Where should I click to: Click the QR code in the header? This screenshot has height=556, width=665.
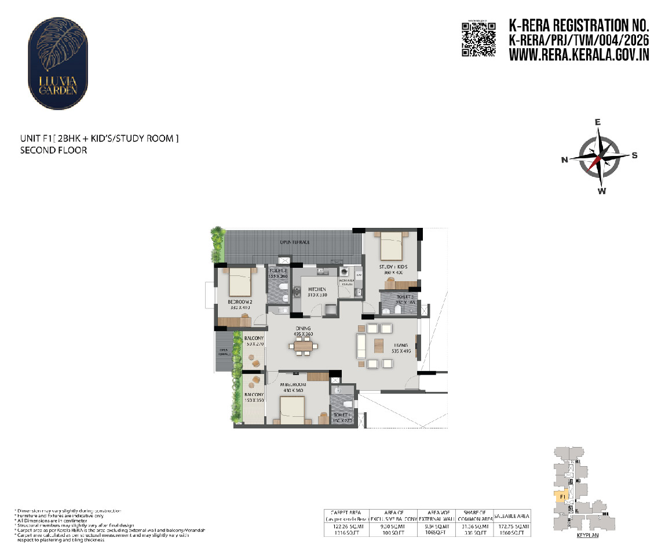[478, 39]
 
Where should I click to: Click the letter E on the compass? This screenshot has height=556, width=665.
[598, 122]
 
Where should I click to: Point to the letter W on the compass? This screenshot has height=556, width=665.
[602, 191]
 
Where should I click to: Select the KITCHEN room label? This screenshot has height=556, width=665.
[317, 289]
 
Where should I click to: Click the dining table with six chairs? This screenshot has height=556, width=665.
[303, 347]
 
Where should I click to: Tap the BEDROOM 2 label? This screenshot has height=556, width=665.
[239, 302]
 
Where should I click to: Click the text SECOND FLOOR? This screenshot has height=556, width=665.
[53, 150]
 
